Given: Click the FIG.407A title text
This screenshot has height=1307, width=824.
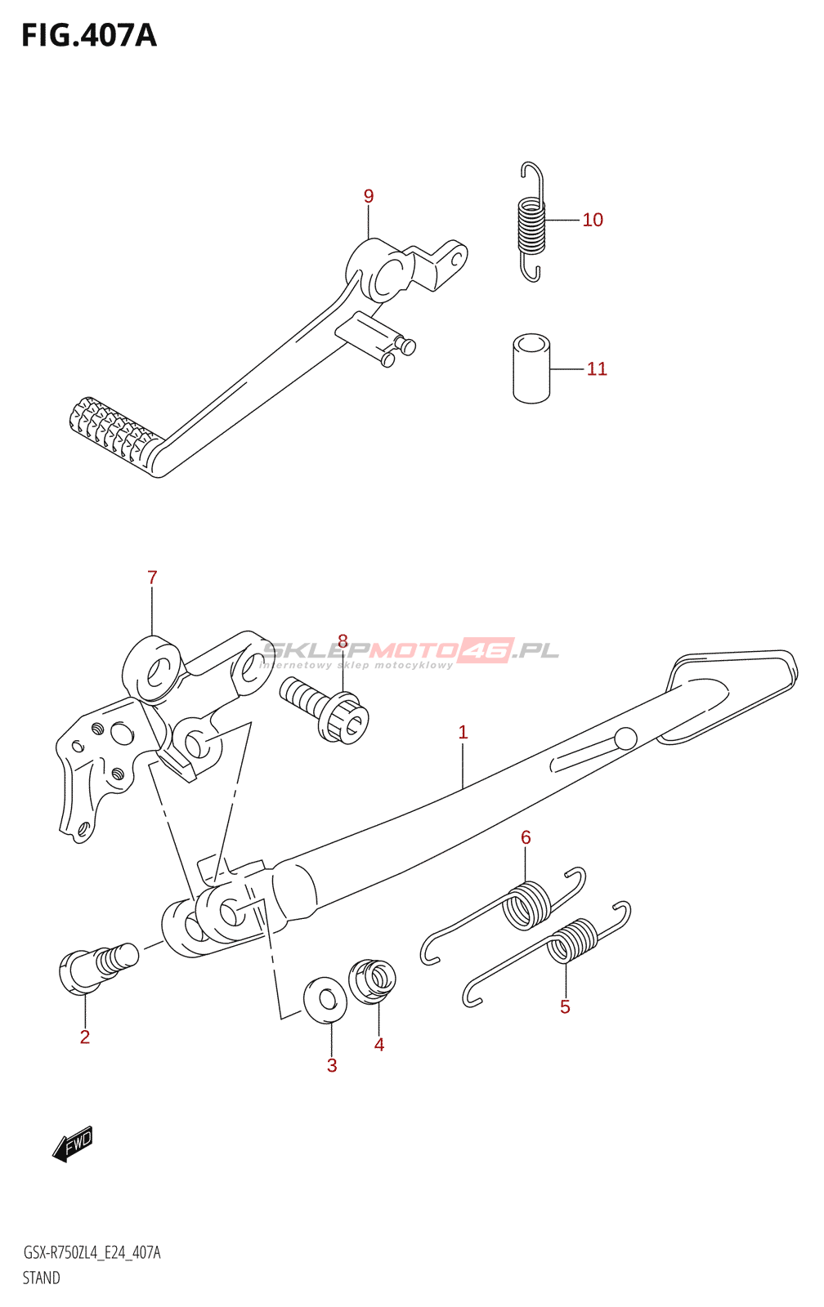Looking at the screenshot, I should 88,36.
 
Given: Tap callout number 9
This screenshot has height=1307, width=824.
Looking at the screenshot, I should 369,196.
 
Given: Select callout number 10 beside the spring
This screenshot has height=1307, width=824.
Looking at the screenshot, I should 593,220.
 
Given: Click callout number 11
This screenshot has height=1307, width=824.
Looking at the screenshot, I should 597,369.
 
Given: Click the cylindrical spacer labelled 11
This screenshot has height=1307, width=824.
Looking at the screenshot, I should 531,368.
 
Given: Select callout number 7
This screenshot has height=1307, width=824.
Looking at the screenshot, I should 152,578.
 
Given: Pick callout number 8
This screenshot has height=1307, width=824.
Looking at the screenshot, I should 343,642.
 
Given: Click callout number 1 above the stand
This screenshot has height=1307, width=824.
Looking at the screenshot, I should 463,733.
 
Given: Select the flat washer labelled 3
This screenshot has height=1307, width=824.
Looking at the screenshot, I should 325,999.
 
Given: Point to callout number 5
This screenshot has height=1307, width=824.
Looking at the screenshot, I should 565,1007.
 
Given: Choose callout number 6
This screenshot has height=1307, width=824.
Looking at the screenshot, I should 526,837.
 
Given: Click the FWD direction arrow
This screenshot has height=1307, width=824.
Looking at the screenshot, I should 73,1144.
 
